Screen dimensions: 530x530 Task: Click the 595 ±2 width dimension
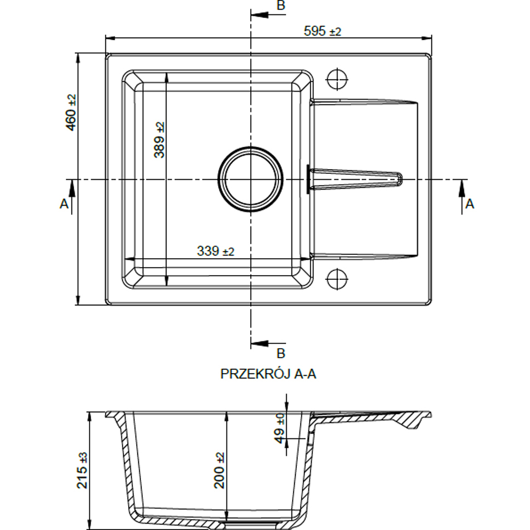pyautogui.click(x=322, y=31)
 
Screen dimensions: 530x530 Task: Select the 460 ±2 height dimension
pyautogui.click(x=72, y=112)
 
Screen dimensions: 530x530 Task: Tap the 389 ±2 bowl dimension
pyautogui.click(x=159, y=140)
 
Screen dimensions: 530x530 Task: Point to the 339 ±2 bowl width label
pyautogui.click(x=215, y=251)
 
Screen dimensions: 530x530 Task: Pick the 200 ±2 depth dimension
pyautogui.click(x=219, y=471)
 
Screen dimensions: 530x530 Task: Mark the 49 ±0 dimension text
pyautogui.click(x=280, y=428)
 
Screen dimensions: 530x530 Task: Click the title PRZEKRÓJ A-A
pyautogui.click(x=268, y=374)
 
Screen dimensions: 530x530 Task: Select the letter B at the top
pyautogui.click(x=281, y=5)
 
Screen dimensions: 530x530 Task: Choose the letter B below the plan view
pyautogui.click(x=281, y=353)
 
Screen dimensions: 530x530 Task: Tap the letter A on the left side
pyautogui.click(x=64, y=204)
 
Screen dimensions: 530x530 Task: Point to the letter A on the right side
pyautogui.click(x=470, y=204)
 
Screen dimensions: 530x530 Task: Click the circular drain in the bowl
pyautogui.click(x=251, y=179)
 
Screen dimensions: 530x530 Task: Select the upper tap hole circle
pyautogui.click(x=337, y=79)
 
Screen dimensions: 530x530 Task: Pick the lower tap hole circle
pyautogui.click(x=337, y=279)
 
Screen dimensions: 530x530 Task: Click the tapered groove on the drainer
pyautogui.click(x=355, y=179)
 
